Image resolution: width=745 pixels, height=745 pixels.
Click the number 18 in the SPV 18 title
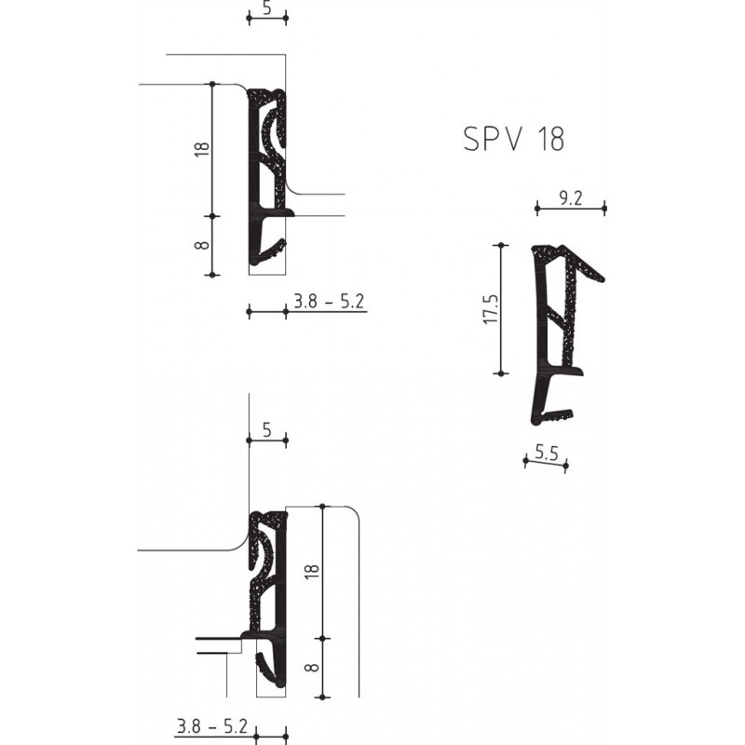click(x=548, y=140)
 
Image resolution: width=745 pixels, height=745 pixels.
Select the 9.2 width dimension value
click(x=570, y=197)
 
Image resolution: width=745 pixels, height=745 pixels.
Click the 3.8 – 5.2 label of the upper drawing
click(x=327, y=301)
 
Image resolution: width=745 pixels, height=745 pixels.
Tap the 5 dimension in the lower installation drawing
click(x=266, y=429)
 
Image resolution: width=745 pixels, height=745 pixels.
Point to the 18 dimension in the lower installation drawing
click(x=312, y=573)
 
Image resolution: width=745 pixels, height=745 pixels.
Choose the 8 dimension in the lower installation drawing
click(x=312, y=668)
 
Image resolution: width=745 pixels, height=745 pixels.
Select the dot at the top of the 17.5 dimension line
click(x=502, y=246)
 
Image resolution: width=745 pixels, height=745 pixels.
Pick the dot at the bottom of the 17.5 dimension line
click(x=502, y=372)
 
